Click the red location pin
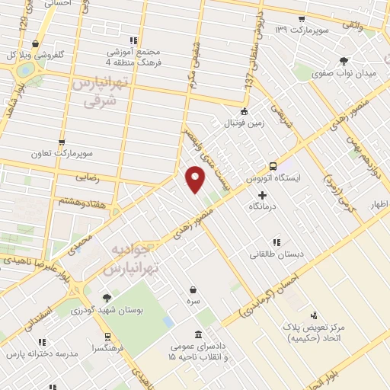coord(195,178)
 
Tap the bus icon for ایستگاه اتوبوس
coord(272,166)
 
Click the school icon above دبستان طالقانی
coord(276,241)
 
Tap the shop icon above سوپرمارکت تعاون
coord(62,142)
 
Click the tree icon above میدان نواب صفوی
coord(344,60)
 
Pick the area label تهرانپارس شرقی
coord(97,91)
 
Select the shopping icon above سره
coord(195,289)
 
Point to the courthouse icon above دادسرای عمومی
coord(199,334)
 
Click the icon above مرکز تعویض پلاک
coord(313,315)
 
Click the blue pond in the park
coord(167,321)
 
